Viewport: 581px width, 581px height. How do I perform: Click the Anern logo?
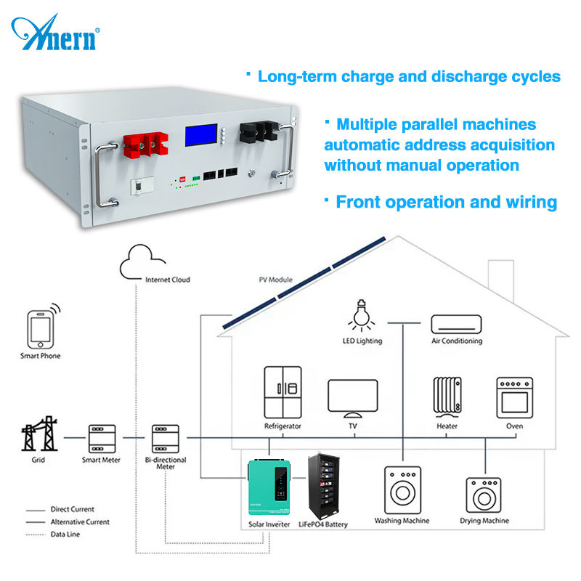pos(56,33)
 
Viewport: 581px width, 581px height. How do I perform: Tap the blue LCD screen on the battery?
pos(201,135)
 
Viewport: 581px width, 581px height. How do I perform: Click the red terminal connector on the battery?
pos(146,145)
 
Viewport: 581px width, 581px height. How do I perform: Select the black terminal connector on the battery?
pos(259,132)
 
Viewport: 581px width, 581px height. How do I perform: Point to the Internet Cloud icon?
pos(142,262)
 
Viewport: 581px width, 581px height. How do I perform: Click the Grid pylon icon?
pos(39,434)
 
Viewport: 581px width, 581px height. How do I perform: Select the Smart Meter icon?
pos(102,439)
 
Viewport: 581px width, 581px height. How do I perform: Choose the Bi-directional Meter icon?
pos(166,439)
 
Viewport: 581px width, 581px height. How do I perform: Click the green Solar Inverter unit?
pos(269,487)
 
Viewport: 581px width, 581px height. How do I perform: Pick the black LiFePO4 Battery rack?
pos(324,486)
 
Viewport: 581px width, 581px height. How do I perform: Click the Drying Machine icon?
pos(484,495)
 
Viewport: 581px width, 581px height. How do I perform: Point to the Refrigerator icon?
pos(283,392)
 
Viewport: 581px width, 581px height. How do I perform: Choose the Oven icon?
pos(515,398)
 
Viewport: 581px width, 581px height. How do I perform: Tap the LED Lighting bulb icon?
pos(361,315)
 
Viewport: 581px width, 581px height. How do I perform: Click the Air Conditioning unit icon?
pos(457,324)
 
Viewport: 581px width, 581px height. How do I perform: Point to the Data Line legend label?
pos(65,535)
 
